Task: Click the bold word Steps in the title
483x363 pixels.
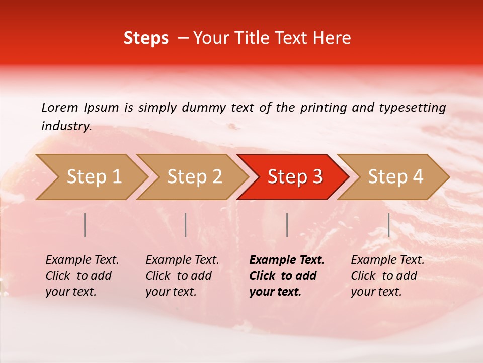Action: click(146, 38)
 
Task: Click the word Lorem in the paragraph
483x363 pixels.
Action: click(60, 107)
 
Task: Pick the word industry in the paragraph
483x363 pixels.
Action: click(66, 126)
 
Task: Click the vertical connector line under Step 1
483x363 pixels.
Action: click(85, 225)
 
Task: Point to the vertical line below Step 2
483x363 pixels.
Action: click(186, 225)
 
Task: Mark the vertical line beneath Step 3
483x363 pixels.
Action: click(287, 225)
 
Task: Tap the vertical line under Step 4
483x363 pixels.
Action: click(388, 225)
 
